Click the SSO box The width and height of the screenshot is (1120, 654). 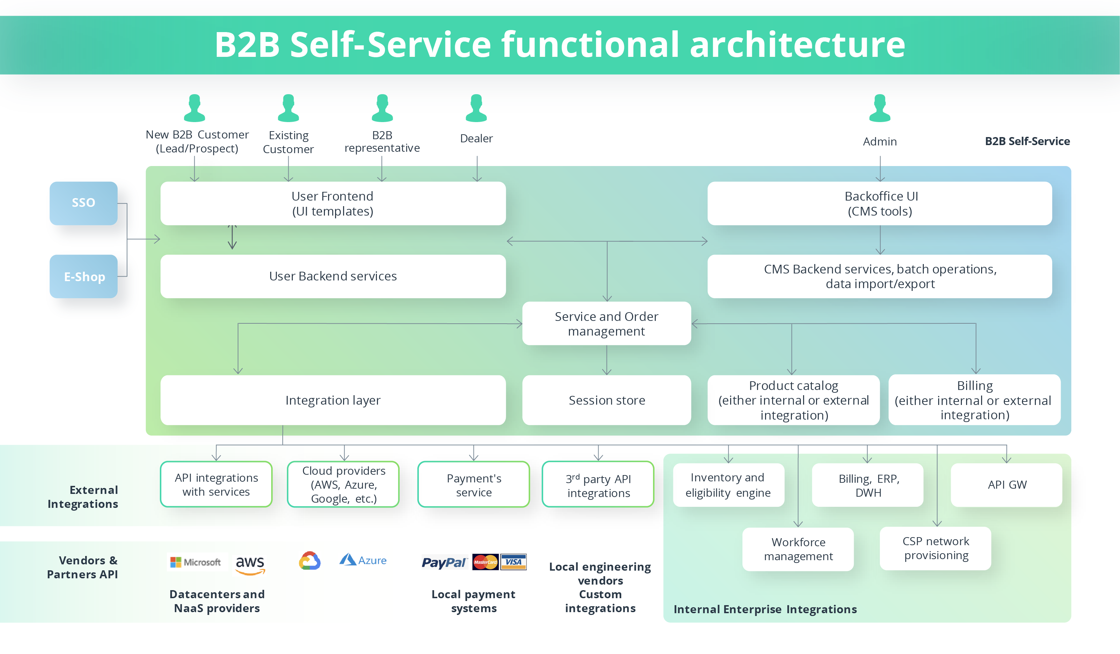pos(83,203)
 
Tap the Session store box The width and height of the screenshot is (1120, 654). pos(607,400)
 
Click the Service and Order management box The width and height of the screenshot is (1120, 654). pos(607,323)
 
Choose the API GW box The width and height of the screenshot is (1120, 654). pos(1006,485)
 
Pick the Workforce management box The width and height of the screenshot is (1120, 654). pos(798,549)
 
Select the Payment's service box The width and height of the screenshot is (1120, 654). pos(474,485)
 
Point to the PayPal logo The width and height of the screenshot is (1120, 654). pos(444,563)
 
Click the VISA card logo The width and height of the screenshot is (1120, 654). pos(513,562)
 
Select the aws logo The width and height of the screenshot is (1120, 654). pos(250,564)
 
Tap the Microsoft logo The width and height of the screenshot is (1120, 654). pos(195,562)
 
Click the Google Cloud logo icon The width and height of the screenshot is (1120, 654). pos(310,561)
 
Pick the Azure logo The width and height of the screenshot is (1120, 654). pos(363,560)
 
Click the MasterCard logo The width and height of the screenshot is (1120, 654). pos(485,562)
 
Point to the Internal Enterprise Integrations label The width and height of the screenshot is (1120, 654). pos(765,609)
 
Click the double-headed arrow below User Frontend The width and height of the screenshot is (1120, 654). pos(232,237)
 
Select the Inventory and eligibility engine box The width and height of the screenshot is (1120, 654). pos(728,485)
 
